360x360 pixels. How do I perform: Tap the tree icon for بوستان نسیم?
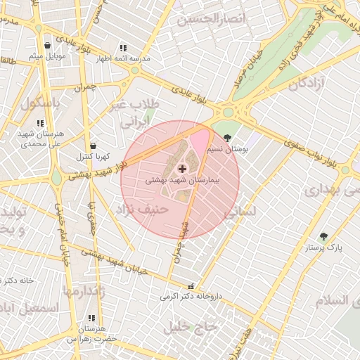(x=226, y=138)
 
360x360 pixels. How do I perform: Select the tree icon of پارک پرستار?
(x=323, y=236)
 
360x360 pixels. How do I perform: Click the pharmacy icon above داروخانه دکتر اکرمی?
(x=191, y=285)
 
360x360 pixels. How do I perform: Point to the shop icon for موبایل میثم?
(x=46, y=45)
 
